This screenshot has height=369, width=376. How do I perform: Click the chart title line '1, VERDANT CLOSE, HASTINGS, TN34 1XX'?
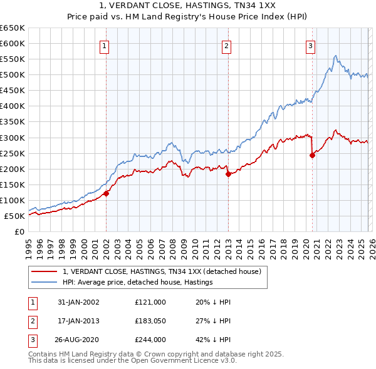click(188, 6)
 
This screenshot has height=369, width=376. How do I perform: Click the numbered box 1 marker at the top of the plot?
click(104, 45)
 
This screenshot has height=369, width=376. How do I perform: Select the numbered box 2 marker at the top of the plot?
click(226, 45)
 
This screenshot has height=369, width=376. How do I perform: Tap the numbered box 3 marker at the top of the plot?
click(310, 45)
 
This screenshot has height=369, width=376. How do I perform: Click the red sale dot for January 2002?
click(107, 193)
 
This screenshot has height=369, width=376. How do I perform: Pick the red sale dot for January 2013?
click(228, 174)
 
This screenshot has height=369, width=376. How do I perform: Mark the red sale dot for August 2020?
click(312, 155)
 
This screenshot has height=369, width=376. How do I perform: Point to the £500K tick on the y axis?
click(13, 75)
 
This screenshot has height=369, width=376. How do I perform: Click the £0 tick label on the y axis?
click(19, 232)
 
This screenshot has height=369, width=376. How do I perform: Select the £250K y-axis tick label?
click(13, 153)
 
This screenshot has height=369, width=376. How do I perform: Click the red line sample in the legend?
click(44, 271)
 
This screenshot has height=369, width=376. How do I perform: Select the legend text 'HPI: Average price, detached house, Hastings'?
click(138, 282)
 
